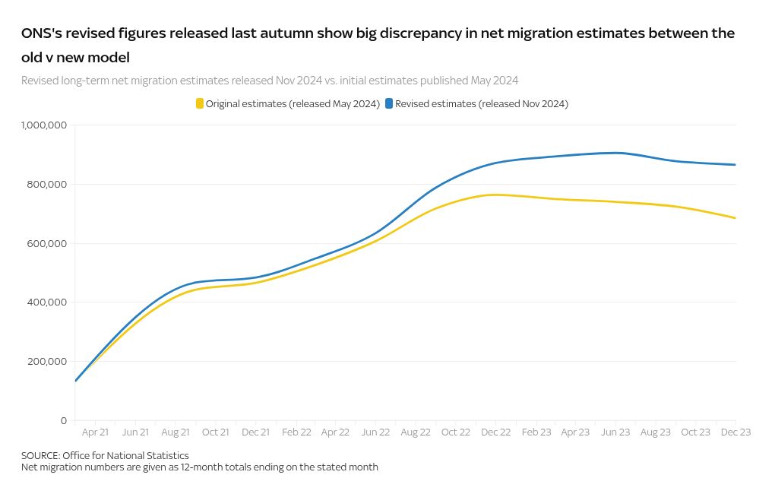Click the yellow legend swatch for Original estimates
coord(200,103)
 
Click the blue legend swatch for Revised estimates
coord(389,103)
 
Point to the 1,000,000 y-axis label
coord(44,125)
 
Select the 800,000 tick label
coord(48,184)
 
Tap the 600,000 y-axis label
coord(48,243)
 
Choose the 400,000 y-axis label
coord(48,302)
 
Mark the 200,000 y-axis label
coord(48,361)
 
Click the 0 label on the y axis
coord(64,420)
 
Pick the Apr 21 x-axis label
coord(95,432)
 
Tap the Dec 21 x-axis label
coord(255,432)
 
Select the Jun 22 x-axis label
coord(375,432)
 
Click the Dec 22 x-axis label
coord(495,432)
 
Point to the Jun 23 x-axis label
coord(615,432)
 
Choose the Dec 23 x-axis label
coord(735,432)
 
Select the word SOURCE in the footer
coord(40,455)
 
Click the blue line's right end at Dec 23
coord(735,165)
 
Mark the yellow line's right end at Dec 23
coord(735,218)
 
